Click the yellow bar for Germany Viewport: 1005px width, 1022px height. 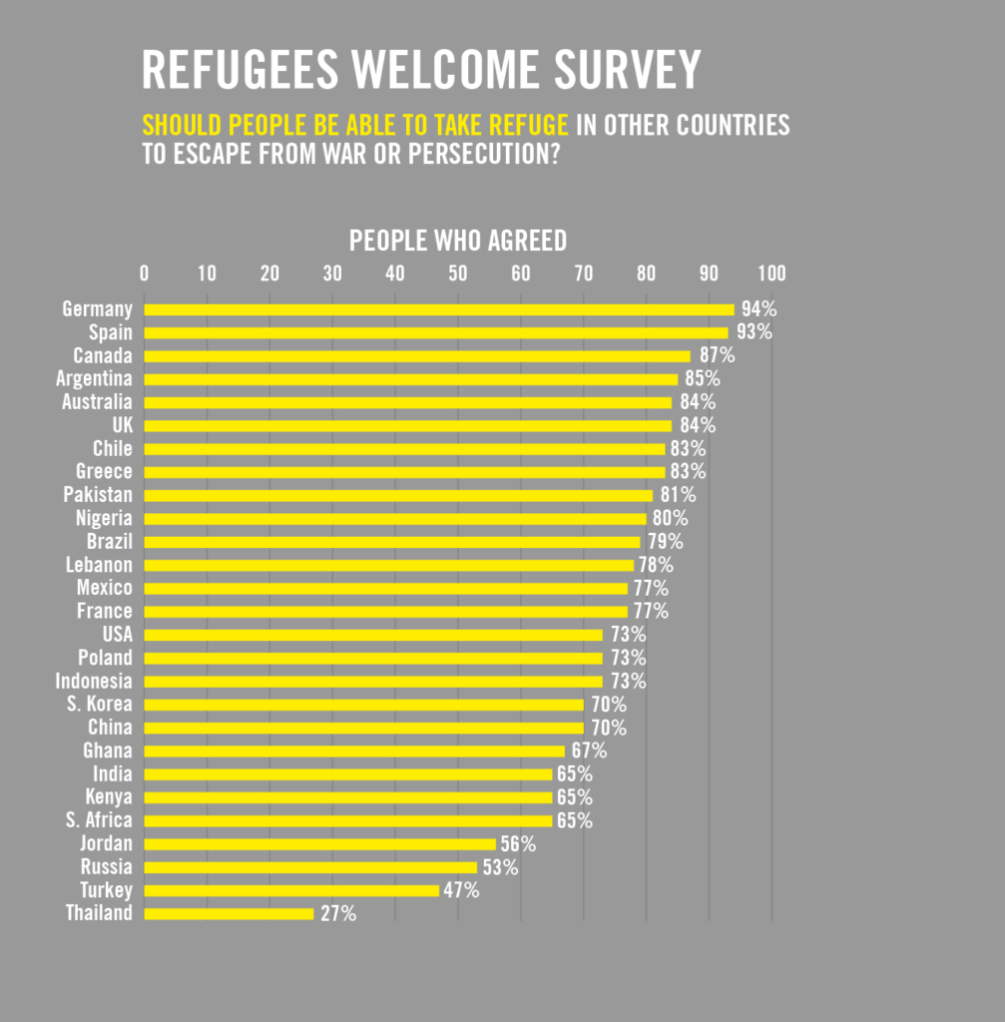(x=439, y=309)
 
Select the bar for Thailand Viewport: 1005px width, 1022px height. (x=229, y=913)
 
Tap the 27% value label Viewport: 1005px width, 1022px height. (x=337, y=913)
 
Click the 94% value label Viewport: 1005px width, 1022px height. (x=758, y=309)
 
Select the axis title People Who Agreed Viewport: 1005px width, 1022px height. (x=458, y=241)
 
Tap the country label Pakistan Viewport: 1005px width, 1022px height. (x=98, y=495)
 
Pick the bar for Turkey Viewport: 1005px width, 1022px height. (x=291, y=890)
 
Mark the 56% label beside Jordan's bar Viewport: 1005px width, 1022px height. (x=518, y=844)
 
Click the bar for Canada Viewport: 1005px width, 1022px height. (x=417, y=356)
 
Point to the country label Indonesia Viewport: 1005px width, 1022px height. (x=94, y=682)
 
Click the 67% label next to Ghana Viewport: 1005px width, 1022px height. (x=589, y=751)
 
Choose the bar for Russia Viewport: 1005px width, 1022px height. (x=310, y=867)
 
